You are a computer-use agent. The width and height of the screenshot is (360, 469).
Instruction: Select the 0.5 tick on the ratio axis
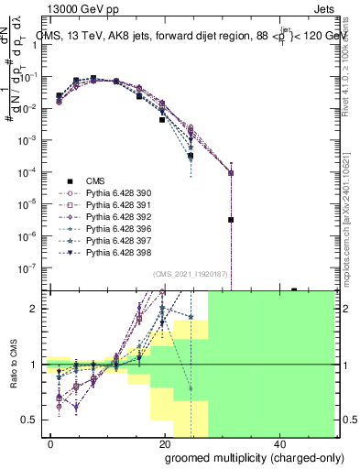pyautogui.click(x=33, y=420)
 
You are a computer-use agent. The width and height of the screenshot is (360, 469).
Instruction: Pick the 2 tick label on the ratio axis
pyautogui.click(x=38, y=309)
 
